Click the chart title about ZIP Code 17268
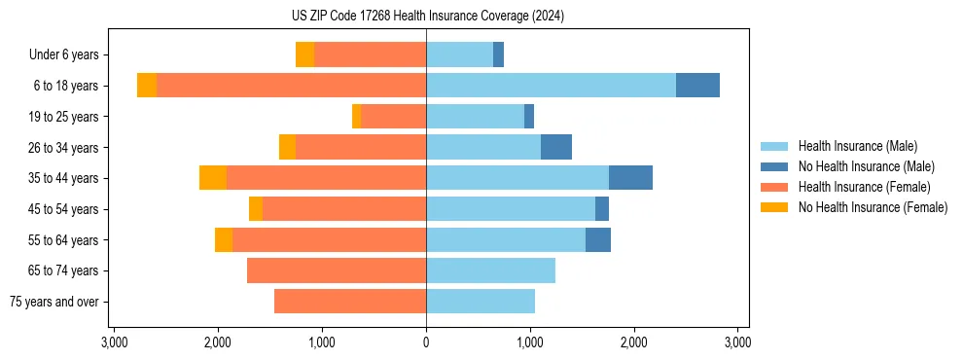click(x=427, y=16)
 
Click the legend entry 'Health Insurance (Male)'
click(x=857, y=146)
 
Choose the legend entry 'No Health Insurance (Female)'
click(x=873, y=207)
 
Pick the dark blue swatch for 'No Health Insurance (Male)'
click(x=774, y=166)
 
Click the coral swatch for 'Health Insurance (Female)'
click(x=774, y=187)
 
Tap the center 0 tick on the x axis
click(x=426, y=343)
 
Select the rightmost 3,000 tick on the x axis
click(x=737, y=343)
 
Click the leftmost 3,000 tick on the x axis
click(x=114, y=343)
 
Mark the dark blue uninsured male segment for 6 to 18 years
click(x=697, y=86)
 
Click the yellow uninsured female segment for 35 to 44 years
click(x=213, y=178)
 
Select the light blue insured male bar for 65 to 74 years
click(x=490, y=270)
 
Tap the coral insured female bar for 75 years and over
click(x=350, y=302)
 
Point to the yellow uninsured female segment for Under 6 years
click(x=304, y=55)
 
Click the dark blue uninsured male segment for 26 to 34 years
click(x=556, y=147)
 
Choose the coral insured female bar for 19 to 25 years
click(x=393, y=117)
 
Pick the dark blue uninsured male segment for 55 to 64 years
click(x=598, y=239)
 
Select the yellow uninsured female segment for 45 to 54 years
click(x=256, y=209)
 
